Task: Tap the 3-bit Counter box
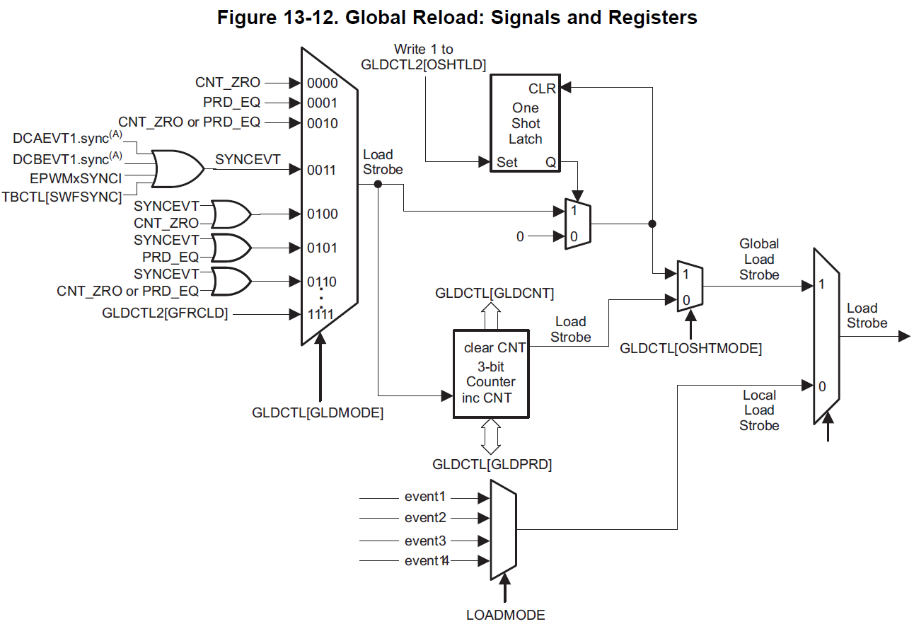click(491, 374)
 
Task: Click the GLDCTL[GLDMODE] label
click(318, 413)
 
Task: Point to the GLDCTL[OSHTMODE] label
click(690, 348)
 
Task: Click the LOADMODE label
click(505, 615)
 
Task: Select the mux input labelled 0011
click(322, 170)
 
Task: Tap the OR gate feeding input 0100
click(231, 213)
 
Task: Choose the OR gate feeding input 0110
click(231, 281)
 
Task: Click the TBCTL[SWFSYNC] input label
click(62, 196)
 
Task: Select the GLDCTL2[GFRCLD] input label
click(165, 313)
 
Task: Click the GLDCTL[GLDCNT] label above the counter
click(494, 293)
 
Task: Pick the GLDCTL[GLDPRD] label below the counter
click(492, 465)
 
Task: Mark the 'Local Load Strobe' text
click(759, 410)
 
